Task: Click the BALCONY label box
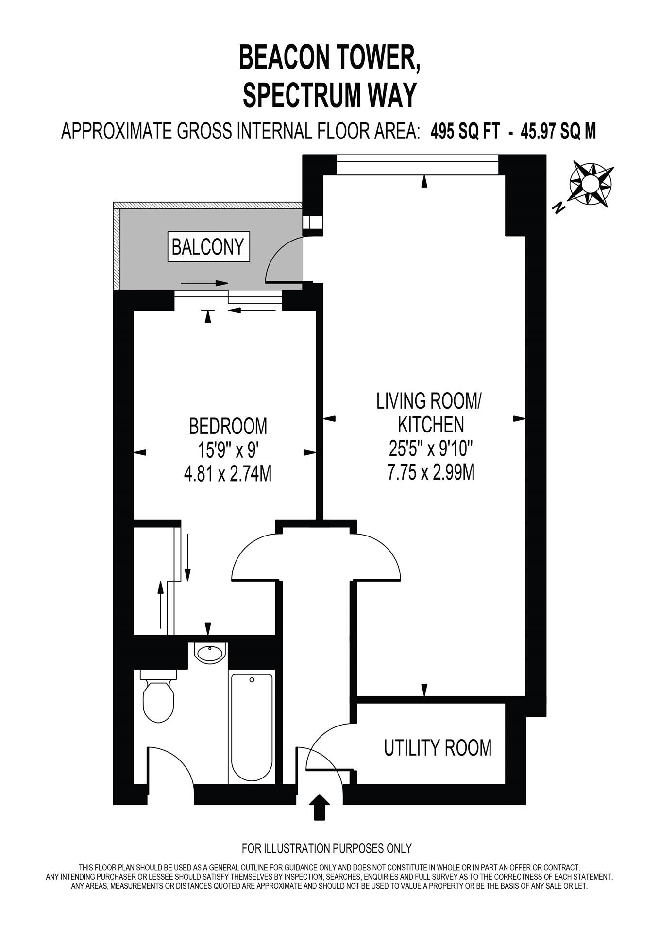(x=208, y=247)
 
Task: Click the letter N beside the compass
(x=559, y=208)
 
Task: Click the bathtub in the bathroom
(x=252, y=727)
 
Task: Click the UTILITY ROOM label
(x=438, y=748)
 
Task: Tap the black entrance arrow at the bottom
(x=319, y=807)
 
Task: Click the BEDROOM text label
(x=228, y=426)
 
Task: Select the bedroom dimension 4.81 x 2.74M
(x=227, y=473)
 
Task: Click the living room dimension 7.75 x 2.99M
(x=431, y=472)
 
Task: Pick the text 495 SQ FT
(x=465, y=131)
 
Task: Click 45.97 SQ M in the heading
(x=558, y=131)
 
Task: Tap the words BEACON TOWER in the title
(x=329, y=58)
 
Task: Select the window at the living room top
(x=418, y=164)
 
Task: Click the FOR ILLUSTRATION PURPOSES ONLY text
(x=326, y=848)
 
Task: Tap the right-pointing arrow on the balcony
(x=205, y=283)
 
